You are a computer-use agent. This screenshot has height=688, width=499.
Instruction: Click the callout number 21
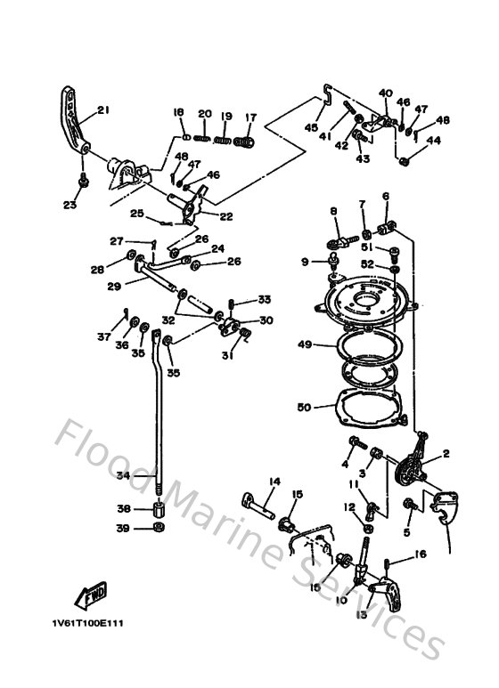pyautogui.click(x=102, y=110)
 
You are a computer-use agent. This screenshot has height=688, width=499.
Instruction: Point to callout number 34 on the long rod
pyautogui.click(x=123, y=476)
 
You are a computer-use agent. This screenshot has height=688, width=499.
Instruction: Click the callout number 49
pyautogui.click(x=304, y=344)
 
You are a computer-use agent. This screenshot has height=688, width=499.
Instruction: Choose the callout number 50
pyautogui.click(x=304, y=407)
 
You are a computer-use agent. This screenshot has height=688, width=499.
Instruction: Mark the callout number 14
pyautogui.click(x=274, y=482)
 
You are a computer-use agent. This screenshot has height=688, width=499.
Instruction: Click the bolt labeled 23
pyautogui.click(x=83, y=181)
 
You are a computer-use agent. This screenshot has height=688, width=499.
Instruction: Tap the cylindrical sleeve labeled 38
pyautogui.click(x=158, y=510)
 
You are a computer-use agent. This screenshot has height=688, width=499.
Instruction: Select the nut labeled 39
pyautogui.click(x=158, y=529)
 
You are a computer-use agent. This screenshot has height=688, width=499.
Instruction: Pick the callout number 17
pyautogui.click(x=250, y=117)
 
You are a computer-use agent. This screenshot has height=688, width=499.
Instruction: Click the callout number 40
pyautogui.click(x=385, y=93)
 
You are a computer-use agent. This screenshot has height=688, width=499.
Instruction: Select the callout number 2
pyautogui.click(x=446, y=454)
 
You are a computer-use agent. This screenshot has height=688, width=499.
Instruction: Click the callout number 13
pyautogui.click(x=361, y=615)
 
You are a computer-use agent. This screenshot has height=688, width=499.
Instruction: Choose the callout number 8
pyautogui.click(x=334, y=211)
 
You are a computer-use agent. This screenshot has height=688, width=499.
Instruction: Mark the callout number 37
pyautogui.click(x=104, y=337)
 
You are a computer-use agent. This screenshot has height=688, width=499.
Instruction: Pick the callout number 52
pyautogui.click(x=367, y=263)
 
